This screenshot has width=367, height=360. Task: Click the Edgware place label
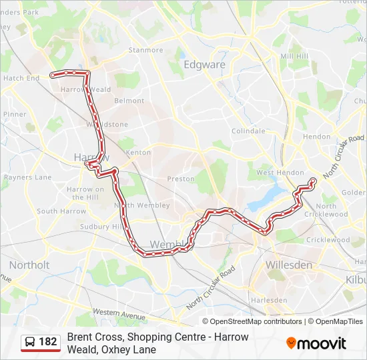point(204,65)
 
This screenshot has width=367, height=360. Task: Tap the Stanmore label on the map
point(145,50)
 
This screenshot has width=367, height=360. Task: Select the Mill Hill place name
point(294,57)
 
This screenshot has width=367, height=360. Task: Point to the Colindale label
point(248,131)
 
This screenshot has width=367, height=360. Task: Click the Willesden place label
point(288,265)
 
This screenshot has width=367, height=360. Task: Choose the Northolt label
point(29,265)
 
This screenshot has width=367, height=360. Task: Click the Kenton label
point(138,153)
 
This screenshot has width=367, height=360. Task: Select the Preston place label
point(181,179)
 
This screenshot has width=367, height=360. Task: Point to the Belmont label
point(129,101)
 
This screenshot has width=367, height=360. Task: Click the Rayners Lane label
point(27,177)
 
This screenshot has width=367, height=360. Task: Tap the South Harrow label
point(61,211)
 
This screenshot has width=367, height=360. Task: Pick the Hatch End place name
point(21,78)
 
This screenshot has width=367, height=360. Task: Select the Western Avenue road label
point(119,313)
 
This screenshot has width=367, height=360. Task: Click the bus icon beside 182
point(30,342)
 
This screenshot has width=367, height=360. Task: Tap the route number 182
point(48,342)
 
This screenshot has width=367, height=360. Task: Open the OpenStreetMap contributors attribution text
point(256,321)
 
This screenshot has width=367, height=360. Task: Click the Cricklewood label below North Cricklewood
point(328,239)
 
